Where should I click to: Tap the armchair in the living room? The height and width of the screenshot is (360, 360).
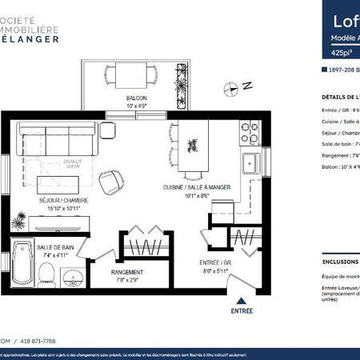click(114, 182)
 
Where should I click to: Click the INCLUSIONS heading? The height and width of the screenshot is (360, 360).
click(341, 261)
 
